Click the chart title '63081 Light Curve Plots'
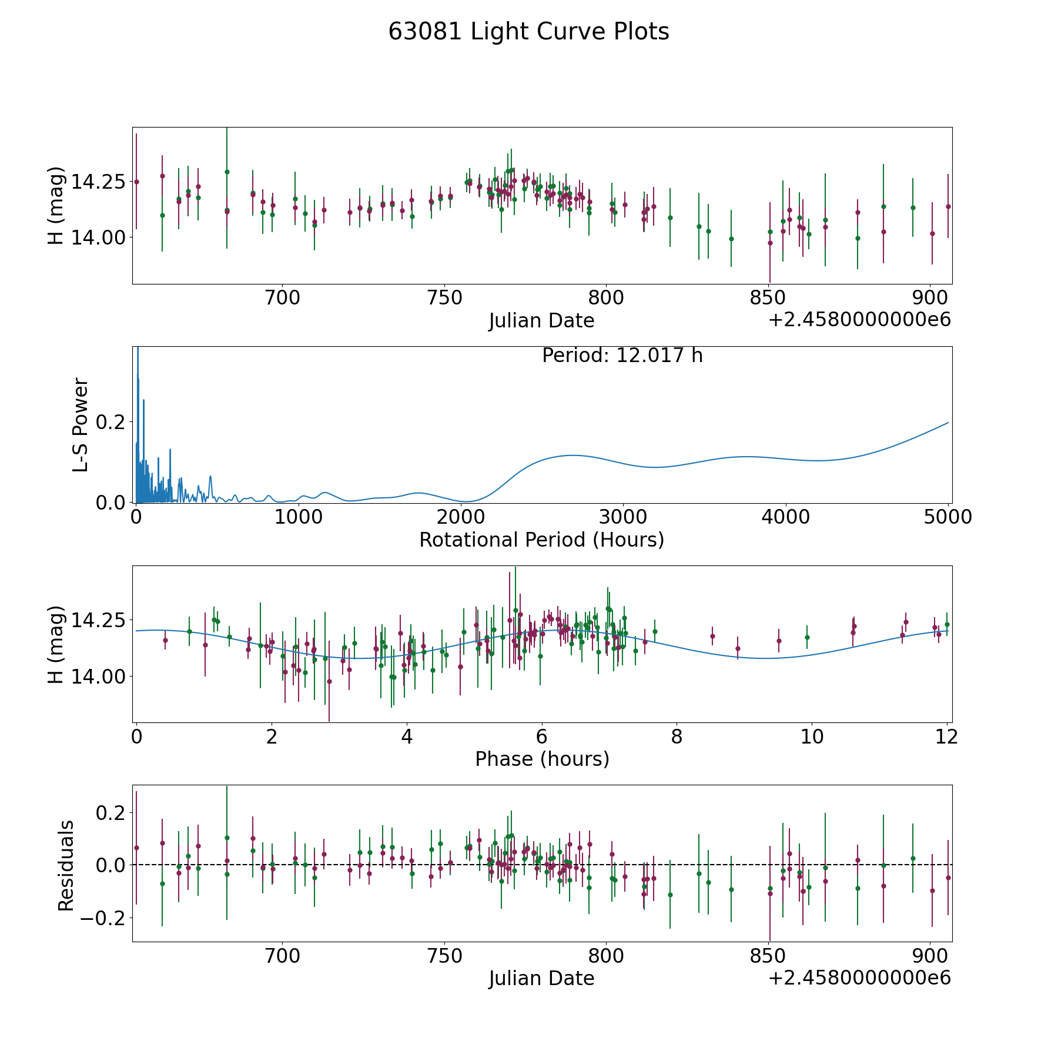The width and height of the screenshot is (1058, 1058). point(528,32)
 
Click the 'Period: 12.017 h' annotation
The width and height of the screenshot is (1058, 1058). point(622,356)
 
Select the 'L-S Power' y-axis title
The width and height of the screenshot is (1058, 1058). point(81,424)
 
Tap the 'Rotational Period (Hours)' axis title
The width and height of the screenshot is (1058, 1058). point(541,540)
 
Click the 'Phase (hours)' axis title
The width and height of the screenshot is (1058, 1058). point(542,759)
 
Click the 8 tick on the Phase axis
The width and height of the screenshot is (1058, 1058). point(677,736)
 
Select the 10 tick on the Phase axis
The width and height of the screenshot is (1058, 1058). point(812,736)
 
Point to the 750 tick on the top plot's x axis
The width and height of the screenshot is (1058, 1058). point(444,298)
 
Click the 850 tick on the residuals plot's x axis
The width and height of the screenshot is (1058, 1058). point(768,956)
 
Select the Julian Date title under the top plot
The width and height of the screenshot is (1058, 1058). point(541,321)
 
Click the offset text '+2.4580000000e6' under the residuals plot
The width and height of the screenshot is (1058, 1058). point(859,977)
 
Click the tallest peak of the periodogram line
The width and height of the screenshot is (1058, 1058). point(138,349)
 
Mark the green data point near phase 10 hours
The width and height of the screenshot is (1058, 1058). point(807,637)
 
